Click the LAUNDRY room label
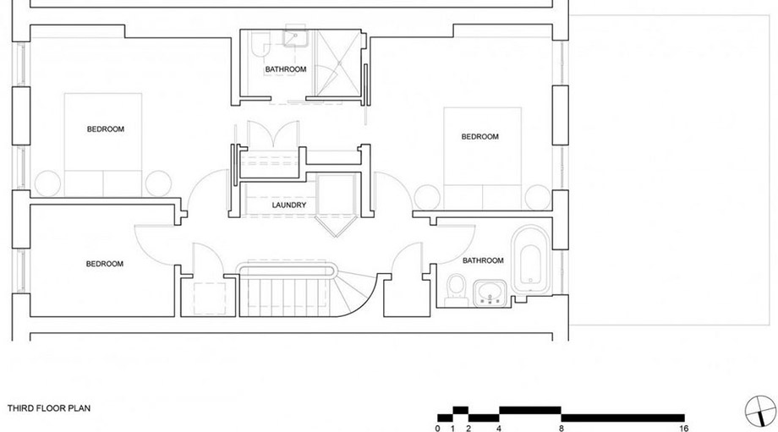(288, 205)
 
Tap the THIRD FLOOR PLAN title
(49, 408)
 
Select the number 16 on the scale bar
(684, 428)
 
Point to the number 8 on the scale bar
(562, 428)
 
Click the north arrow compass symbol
(760, 411)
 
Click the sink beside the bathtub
(490, 293)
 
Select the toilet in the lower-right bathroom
(456, 290)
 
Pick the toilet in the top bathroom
(260, 45)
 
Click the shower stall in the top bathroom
(339, 63)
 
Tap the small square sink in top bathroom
(296, 38)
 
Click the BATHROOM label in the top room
(285, 69)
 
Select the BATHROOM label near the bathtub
(483, 260)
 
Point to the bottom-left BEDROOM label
(104, 264)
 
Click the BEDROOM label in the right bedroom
(479, 136)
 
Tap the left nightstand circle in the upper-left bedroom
(47, 183)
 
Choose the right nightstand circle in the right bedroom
(538, 197)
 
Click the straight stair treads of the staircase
(287, 297)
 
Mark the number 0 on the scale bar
(438, 428)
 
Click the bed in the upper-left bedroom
(102, 145)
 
